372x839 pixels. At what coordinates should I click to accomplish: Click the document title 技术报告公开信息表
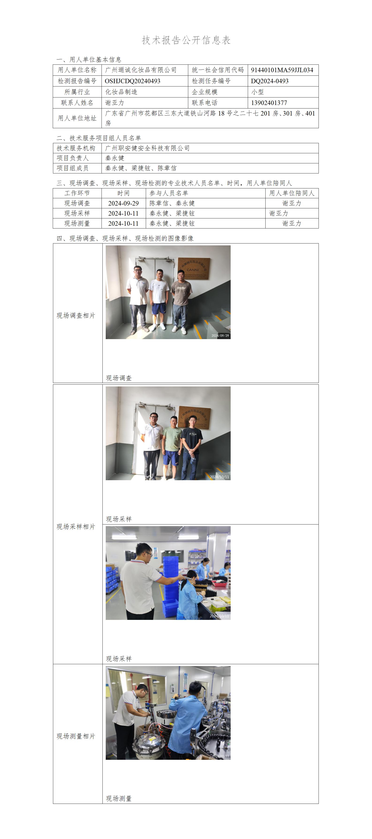(186, 40)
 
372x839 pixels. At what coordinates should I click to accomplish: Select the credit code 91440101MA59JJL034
(282, 70)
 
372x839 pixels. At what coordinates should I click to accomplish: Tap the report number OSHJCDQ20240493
(132, 81)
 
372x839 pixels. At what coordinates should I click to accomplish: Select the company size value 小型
(257, 92)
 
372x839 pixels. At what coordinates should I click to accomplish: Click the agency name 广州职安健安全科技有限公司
(147, 148)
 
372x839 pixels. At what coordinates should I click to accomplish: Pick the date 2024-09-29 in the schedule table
(124, 203)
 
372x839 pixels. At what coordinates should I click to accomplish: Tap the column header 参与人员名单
(169, 193)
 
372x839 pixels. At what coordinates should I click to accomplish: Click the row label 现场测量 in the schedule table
(77, 223)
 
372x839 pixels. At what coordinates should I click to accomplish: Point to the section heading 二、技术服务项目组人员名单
(99, 138)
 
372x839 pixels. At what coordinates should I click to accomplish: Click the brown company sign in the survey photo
(193, 268)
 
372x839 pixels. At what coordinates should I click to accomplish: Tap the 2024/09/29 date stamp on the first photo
(220, 335)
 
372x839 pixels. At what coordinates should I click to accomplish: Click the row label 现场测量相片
(76, 736)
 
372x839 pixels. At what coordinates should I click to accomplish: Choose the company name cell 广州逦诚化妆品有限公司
(141, 70)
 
